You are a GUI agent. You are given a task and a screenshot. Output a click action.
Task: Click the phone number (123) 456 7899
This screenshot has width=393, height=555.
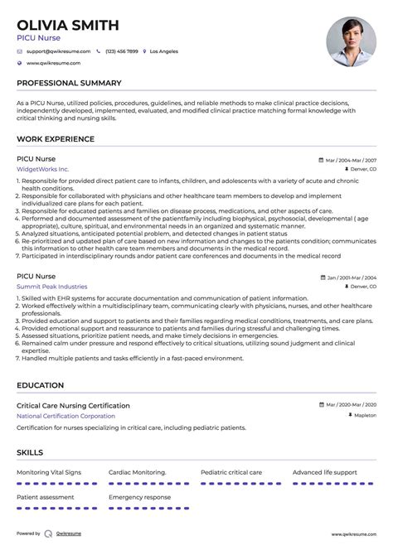coord(121,51)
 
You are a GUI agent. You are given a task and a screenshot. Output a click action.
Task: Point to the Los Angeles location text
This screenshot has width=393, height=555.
coord(163,51)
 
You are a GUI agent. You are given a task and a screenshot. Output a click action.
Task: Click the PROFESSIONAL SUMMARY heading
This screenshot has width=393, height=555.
coord(69,83)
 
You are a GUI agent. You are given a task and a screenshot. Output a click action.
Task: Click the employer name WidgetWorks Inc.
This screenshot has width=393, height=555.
coord(43,168)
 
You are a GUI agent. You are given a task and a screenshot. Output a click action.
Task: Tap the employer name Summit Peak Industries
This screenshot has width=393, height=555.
coord(51,286)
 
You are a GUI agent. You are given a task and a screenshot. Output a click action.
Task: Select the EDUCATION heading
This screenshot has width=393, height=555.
coord(40,385)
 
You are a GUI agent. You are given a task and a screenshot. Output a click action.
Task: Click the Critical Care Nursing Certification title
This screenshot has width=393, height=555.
coord(73,405)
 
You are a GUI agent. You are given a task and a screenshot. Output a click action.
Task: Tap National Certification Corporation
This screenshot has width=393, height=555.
coord(65,415)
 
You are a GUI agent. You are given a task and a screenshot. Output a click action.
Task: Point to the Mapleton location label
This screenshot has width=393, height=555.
coord(364,415)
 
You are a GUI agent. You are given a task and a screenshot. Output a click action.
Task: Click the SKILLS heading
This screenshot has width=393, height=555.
coord(30,452)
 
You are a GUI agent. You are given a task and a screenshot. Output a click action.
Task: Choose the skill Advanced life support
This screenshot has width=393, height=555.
coord(326,472)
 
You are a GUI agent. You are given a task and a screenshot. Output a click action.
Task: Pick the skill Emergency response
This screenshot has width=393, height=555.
coord(139,496)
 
